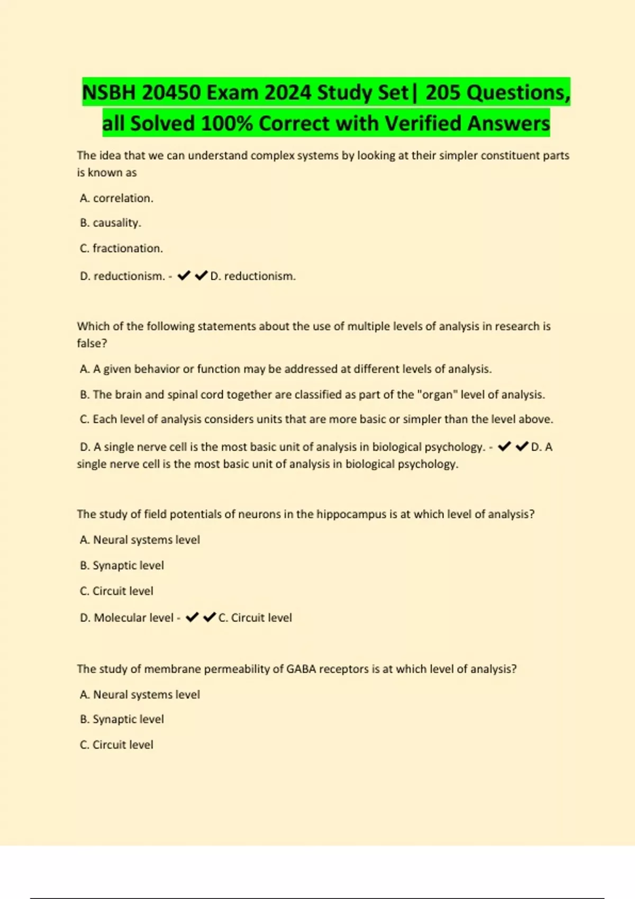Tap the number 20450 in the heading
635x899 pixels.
coord(171,93)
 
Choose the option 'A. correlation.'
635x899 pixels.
coord(116,198)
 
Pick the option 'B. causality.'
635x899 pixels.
coord(111,223)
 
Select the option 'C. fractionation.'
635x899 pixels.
coord(121,248)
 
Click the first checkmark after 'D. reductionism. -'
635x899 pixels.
coord(184,276)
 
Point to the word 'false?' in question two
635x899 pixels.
coord(92,343)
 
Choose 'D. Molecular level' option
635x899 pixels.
coord(126,618)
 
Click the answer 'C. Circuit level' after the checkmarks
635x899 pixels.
coord(255,618)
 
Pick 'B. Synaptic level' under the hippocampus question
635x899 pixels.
coord(122,565)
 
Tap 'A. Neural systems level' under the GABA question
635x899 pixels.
coord(140,694)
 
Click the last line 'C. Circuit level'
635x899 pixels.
coord(116,745)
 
